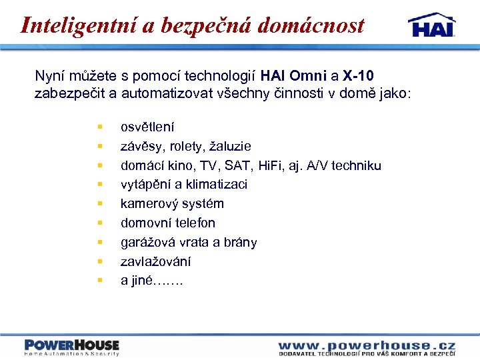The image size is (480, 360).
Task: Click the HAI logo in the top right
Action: tap(431, 25)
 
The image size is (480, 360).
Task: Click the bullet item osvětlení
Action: tap(147, 127)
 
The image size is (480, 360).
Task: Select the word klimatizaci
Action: tap(216, 184)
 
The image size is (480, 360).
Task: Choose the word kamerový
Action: tap(147, 203)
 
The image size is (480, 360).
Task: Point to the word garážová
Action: tap(147, 242)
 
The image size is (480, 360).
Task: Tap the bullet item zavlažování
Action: tap(155, 261)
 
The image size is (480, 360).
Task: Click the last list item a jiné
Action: tap(151, 281)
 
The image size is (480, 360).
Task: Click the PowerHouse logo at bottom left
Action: tap(71, 347)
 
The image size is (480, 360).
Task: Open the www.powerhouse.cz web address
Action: tap(366, 345)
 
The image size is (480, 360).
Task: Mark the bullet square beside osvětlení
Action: tap(99, 126)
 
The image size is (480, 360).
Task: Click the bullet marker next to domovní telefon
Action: tap(99, 223)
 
